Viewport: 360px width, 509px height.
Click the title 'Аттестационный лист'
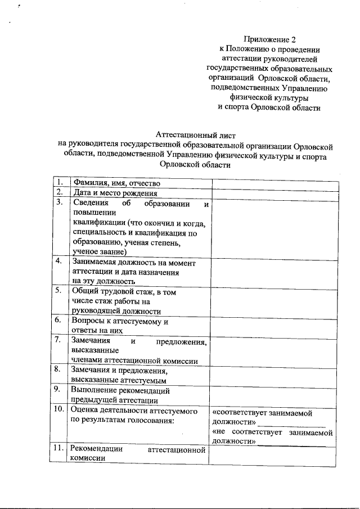[195, 135]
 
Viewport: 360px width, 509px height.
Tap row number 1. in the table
[58, 183]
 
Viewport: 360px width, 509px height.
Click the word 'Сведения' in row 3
[89, 203]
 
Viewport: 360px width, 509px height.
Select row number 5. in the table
[58, 291]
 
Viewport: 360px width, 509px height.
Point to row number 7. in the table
[58, 340]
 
